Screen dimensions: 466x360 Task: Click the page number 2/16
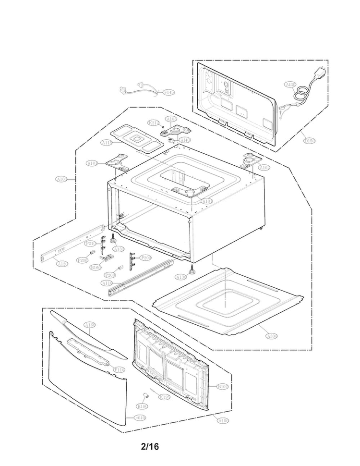click(x=150, y=446)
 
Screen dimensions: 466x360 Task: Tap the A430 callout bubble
click(x=290, y=85)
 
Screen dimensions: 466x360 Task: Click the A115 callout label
click(x=107, y=143)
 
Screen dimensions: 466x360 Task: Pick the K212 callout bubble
click(x=153, y=123)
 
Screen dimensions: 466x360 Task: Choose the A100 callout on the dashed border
click(x=61, y=179)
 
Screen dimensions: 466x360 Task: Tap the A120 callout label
click(x=61, y=264)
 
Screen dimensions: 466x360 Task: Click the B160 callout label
click(x=96, y=267)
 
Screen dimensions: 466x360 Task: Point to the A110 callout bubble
click(x=107, y=283)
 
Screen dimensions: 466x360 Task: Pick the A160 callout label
click(x=90, y=325)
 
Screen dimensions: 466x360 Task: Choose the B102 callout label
click(x=223, y=387)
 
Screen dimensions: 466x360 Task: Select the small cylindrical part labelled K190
click(x=143, y=395)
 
